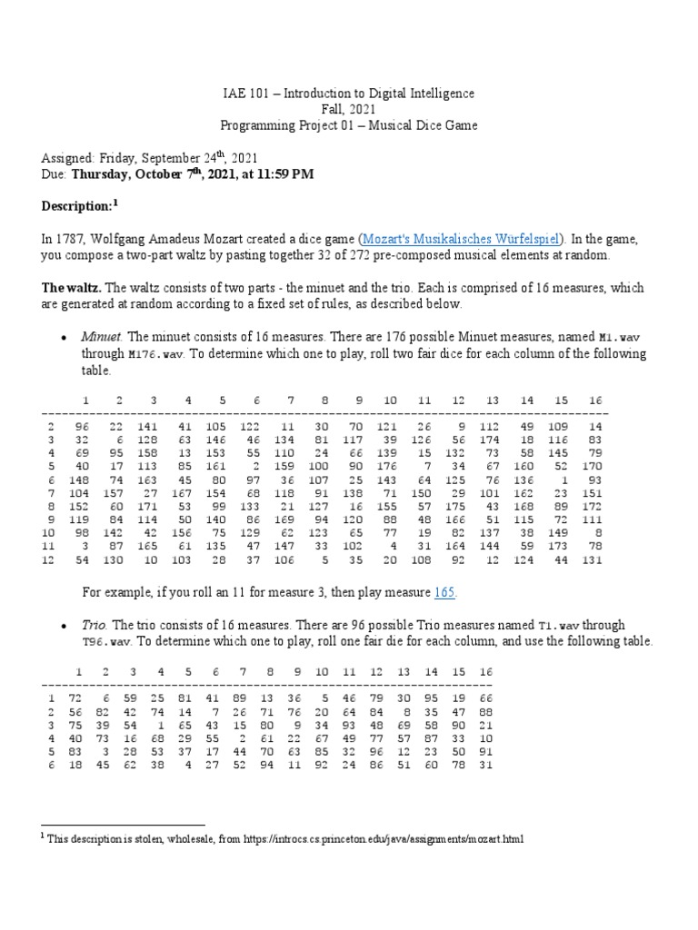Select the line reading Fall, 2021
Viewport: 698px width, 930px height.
click(348, 108)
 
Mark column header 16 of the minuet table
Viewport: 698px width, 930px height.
click(595, 400)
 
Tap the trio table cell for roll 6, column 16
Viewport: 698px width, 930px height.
click(485, 766)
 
